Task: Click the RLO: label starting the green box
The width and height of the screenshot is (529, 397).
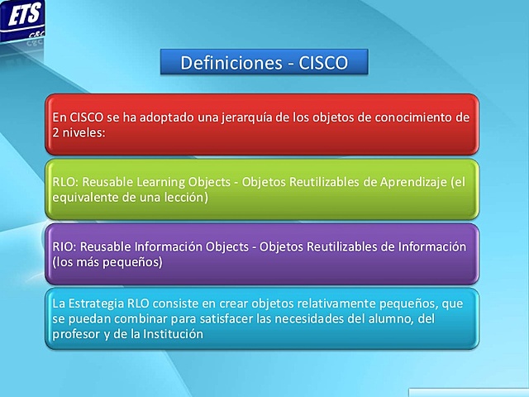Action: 64,182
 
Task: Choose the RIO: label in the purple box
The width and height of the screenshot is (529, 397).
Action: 64,247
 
